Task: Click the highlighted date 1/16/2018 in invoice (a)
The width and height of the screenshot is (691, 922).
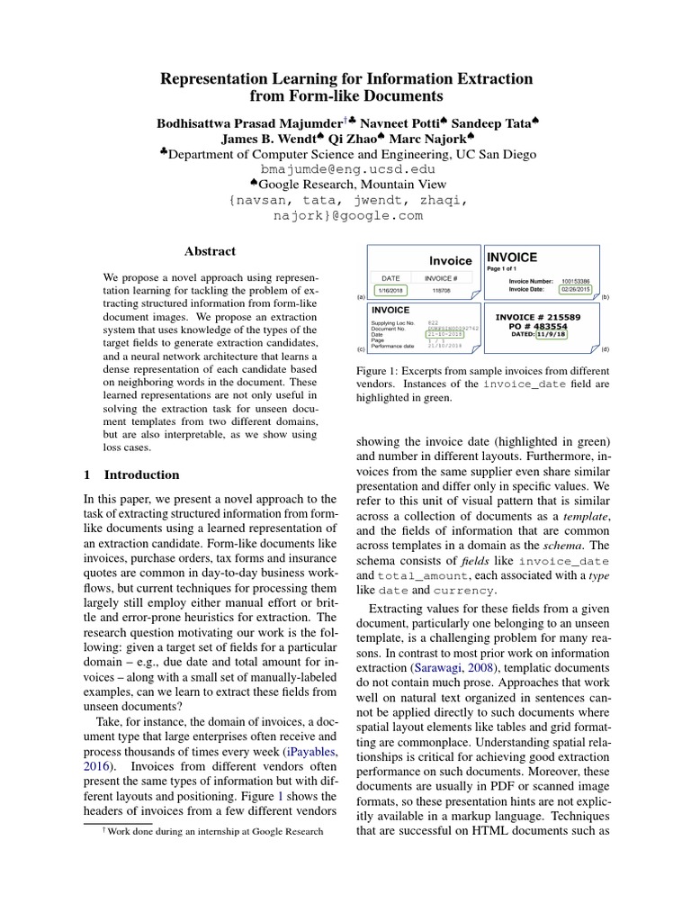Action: coord(390,291)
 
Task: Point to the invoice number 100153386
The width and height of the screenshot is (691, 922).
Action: coord(577,281)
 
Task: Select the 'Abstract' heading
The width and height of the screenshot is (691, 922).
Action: coord(210,252)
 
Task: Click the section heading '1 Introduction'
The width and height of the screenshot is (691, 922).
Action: coord(131,475)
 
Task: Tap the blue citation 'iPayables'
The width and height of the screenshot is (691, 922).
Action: coord(310,749)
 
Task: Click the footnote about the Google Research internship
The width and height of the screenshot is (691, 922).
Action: coord(213,832)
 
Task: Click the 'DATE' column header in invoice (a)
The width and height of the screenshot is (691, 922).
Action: coord(390,278)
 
